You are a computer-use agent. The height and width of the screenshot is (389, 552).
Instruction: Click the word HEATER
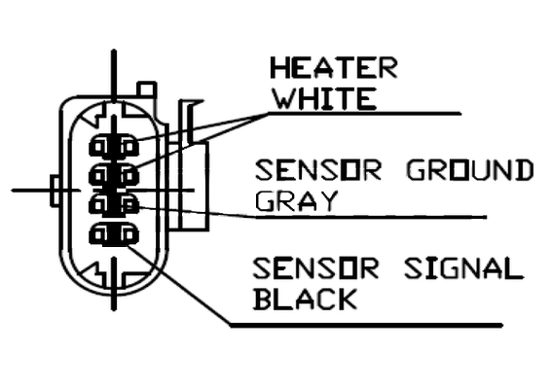tap(334, 67)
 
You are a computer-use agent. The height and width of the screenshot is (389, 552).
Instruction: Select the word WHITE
tap(324, 99)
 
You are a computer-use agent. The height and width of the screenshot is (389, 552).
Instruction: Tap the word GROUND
tap(469, 170)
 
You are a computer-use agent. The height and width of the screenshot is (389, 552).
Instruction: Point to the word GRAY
tap(296, 201)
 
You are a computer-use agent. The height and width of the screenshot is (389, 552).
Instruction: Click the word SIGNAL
tap(463, 268)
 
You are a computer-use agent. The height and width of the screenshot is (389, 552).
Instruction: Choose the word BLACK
tap(305, 299)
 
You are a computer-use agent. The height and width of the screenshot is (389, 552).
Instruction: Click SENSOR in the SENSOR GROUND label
tap(318, 170)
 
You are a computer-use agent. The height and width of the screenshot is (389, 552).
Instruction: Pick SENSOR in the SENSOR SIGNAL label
tap(316, 268)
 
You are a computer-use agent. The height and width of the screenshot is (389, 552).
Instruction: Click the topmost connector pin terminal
tap(114, 146)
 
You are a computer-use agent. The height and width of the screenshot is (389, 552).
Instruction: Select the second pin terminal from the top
tap(114, 174)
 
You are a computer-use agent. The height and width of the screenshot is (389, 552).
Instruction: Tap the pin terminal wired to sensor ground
tap(114, 204)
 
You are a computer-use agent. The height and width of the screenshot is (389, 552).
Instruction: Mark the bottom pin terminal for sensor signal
tap(114, 234)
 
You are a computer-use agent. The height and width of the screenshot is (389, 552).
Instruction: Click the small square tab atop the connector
tap(146, 88)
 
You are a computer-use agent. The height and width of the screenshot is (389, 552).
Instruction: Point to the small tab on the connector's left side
tap(55, 191)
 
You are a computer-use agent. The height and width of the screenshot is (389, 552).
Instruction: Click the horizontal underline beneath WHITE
tap(365, 113)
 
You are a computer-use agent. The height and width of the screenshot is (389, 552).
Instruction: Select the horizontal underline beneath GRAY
tap(371, 218)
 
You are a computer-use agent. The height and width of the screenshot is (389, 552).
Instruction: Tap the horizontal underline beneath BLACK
tap(366, 325)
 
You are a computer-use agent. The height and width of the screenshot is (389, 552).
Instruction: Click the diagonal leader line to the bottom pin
tap(178, 285)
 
